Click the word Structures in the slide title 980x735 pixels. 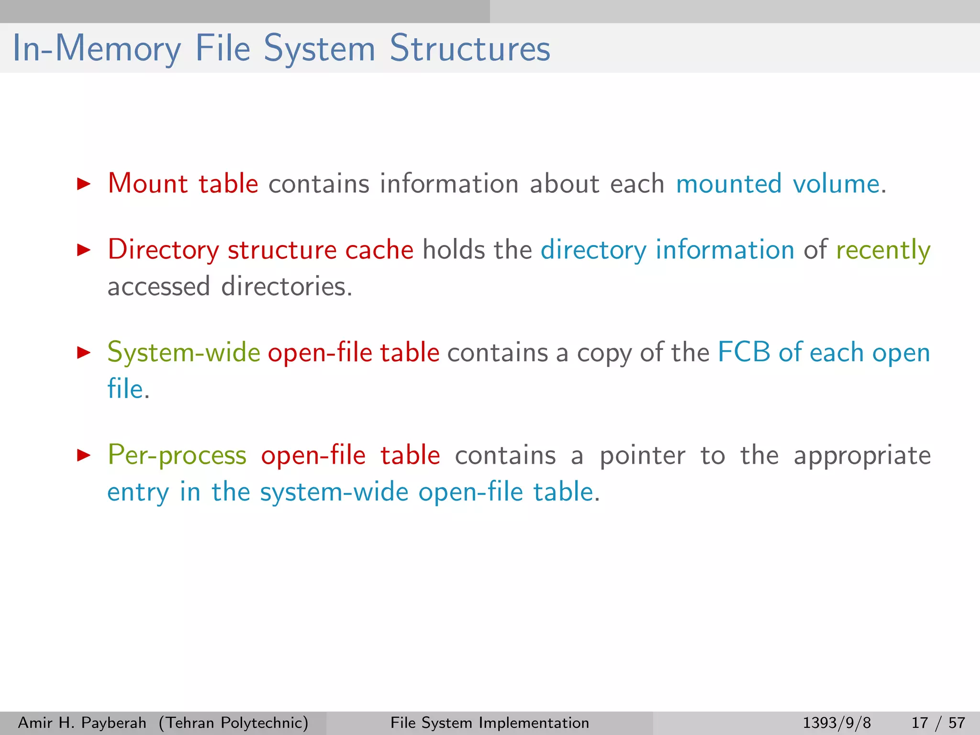(470, 48)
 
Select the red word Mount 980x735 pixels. (147, 184)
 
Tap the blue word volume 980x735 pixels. (836, 184)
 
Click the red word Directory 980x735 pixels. (163, 250)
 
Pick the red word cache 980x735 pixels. (379, 250)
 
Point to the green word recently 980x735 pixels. (883, 250)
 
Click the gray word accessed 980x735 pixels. (158, 287)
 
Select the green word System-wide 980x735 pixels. (184, 353)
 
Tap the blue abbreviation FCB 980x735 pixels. (744, 353)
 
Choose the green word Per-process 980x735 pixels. (177, 455)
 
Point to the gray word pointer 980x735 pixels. (642, 455)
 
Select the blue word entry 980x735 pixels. (138, 492)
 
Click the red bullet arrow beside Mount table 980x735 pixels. (84, 184)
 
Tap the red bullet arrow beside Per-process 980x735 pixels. (84, 455)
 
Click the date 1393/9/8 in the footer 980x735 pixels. (836, 723)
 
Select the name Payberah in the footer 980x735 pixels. (114, 723)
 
